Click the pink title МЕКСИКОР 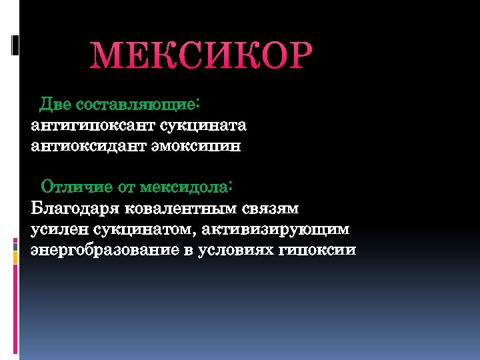(x=201, y=57)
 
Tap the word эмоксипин (x=197, y=146)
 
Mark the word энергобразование (x=107, y=250)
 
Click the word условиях (x=237, y=250)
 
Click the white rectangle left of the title (x=15, y=45)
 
